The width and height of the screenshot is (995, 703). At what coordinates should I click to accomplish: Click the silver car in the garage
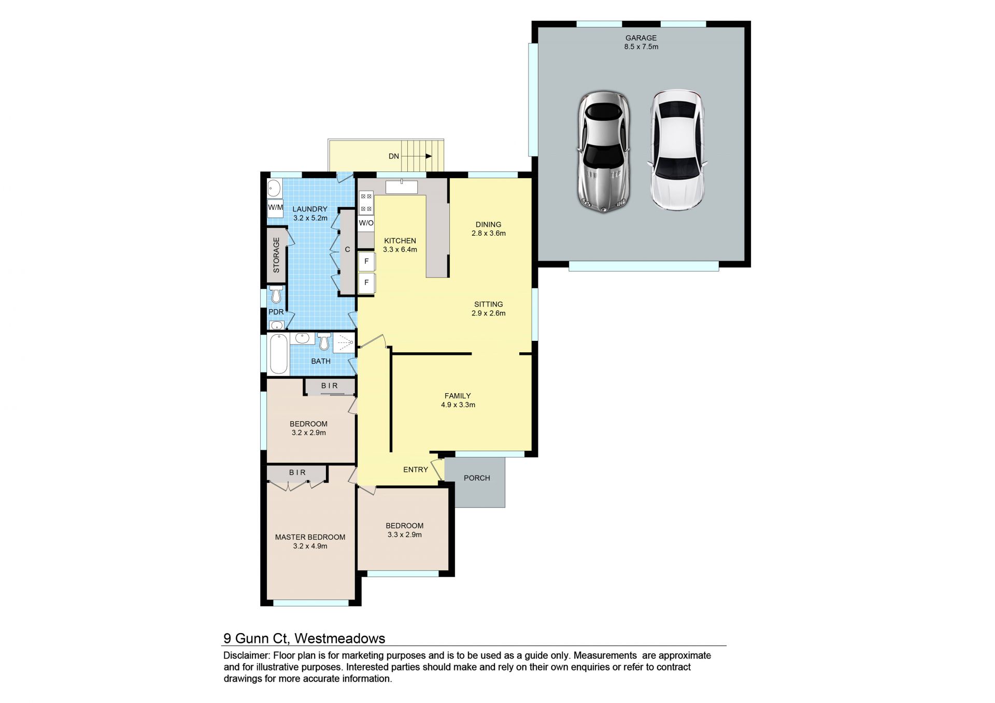[x=604, y=152]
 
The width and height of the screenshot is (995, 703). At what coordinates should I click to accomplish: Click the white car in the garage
[x=677, y=150]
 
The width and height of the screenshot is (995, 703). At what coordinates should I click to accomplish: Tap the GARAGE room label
[x=641, y=38]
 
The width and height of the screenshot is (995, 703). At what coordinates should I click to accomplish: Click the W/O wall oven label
[x=366, y=223]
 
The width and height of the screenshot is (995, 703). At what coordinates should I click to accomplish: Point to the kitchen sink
[x=402, y=186]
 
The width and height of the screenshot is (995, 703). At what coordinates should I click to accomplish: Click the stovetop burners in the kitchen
[x=366, y=203]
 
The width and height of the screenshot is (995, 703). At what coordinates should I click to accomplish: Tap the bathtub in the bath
[x=278, y=353]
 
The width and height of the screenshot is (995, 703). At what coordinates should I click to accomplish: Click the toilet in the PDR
[x=276, y=294]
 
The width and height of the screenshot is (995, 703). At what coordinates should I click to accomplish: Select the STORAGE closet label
[x=276, y=255]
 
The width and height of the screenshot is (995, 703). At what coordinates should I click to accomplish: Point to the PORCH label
[x=477, y=478]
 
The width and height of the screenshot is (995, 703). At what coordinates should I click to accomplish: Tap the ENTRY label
[x=416, y=469]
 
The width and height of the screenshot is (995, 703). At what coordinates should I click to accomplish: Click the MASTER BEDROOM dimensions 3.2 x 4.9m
[x=310, y=546]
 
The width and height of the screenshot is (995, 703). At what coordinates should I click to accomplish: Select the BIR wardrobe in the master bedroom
[x=297, y=473]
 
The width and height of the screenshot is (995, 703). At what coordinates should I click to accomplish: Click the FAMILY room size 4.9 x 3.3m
[x=458, y=405]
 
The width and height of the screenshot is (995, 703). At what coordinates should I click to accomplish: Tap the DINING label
[x=488, y=224]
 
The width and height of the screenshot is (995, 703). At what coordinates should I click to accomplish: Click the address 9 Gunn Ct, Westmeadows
[x=304, y=638]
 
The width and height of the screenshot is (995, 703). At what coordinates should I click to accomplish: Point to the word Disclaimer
[x=246, y=656]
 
